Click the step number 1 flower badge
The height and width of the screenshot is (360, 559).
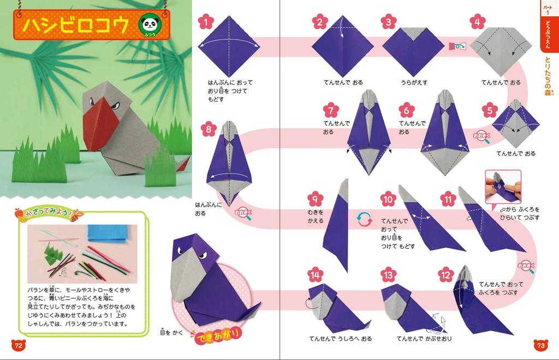tap(205, 22)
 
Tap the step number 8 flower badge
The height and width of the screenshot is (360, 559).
tap(208, 130)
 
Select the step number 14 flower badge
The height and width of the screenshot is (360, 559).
tap(315, 275)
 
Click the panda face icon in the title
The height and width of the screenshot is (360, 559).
tap(148, 24)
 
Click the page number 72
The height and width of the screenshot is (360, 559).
tap(18, 345)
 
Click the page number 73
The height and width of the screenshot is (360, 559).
tap(540, 345)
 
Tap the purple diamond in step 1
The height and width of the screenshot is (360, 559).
tap(229, 46)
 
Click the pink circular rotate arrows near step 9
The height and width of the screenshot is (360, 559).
tap(362, 219)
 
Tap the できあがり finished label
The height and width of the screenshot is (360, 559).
tap(218, 337)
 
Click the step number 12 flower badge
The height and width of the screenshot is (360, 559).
tap(445, 275)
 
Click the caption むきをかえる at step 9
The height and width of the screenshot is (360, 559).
tap(315, 217)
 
